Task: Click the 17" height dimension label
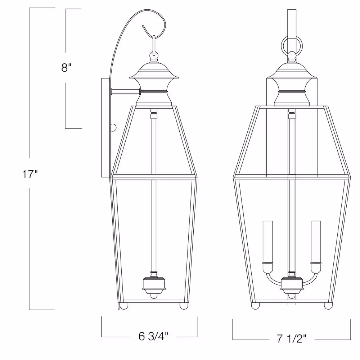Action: coord(30,174)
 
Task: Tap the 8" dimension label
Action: coord(66,68)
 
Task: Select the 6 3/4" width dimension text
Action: coord(153,337)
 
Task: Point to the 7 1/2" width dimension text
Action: coord(292,338)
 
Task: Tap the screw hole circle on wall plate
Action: coord(113,128)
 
